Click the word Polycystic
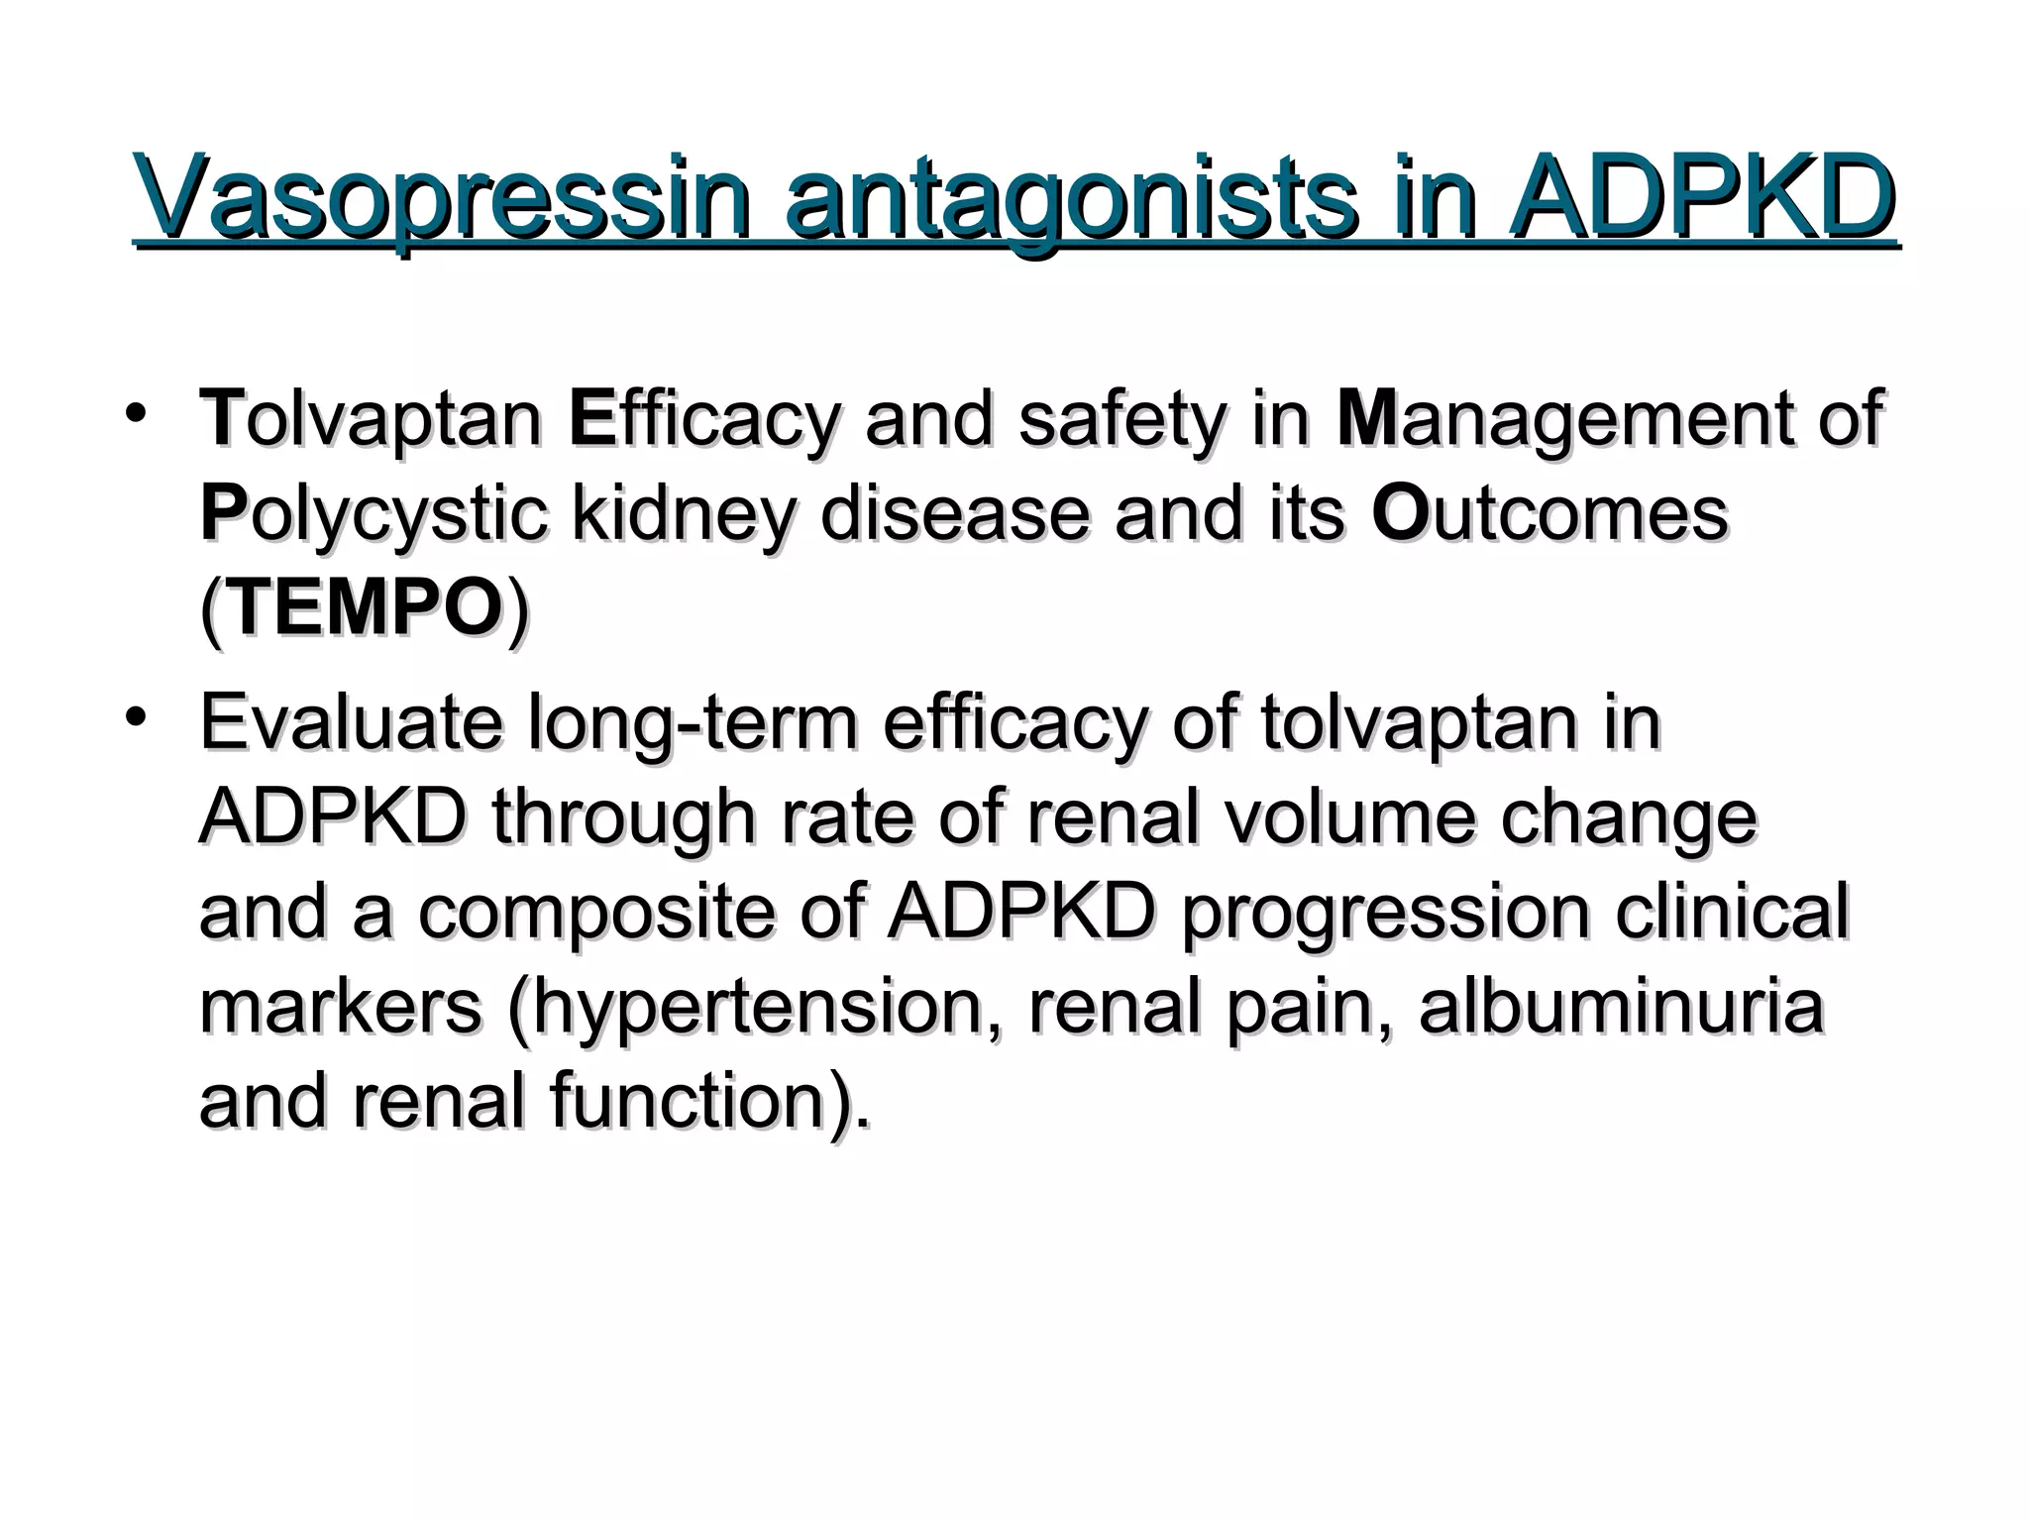click(373, 514)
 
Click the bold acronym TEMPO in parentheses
click(365, 607)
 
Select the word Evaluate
click(351, 723)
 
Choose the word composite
click(595, 912)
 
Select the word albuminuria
click(1621, 1006)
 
